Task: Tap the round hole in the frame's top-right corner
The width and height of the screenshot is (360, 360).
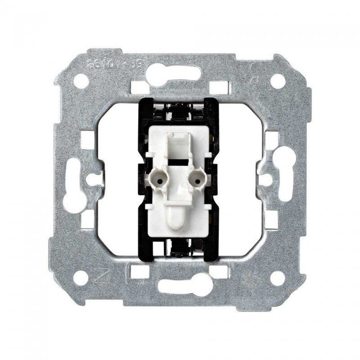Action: coord(279,81)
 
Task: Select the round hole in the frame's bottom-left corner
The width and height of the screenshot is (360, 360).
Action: coord(81,278)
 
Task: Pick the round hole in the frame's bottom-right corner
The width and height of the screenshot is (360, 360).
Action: coord(279,278)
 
